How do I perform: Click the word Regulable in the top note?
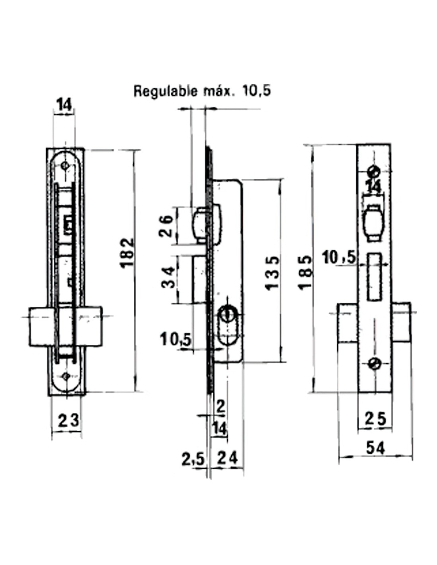click(165, 91)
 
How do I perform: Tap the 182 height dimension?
click(127, 253)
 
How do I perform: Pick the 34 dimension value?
click(167, 278)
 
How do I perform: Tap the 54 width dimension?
click(375, 448)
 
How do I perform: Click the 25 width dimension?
click(375, 419)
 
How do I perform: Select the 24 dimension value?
click(228, 459)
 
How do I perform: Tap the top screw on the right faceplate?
click(374, 171)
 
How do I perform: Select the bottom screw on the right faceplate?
click(374, 363)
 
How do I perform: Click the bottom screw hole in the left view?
click(66, 376)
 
